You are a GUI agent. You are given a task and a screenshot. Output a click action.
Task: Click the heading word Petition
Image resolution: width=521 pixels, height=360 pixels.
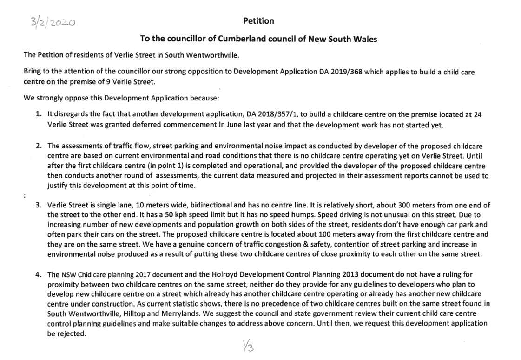[x=258, y=21]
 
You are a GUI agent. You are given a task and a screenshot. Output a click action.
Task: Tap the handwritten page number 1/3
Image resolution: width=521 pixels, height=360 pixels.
[x=248, y=346]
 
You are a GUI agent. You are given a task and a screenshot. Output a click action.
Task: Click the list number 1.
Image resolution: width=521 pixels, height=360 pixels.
[x=39, y=115]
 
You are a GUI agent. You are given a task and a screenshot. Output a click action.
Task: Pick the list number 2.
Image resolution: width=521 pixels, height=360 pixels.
[x=39, y=146]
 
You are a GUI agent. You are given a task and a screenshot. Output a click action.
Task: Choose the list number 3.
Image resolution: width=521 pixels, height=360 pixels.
[x=39, y=205]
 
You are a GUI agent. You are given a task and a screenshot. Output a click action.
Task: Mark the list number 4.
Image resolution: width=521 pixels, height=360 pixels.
[x=39, y=275]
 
